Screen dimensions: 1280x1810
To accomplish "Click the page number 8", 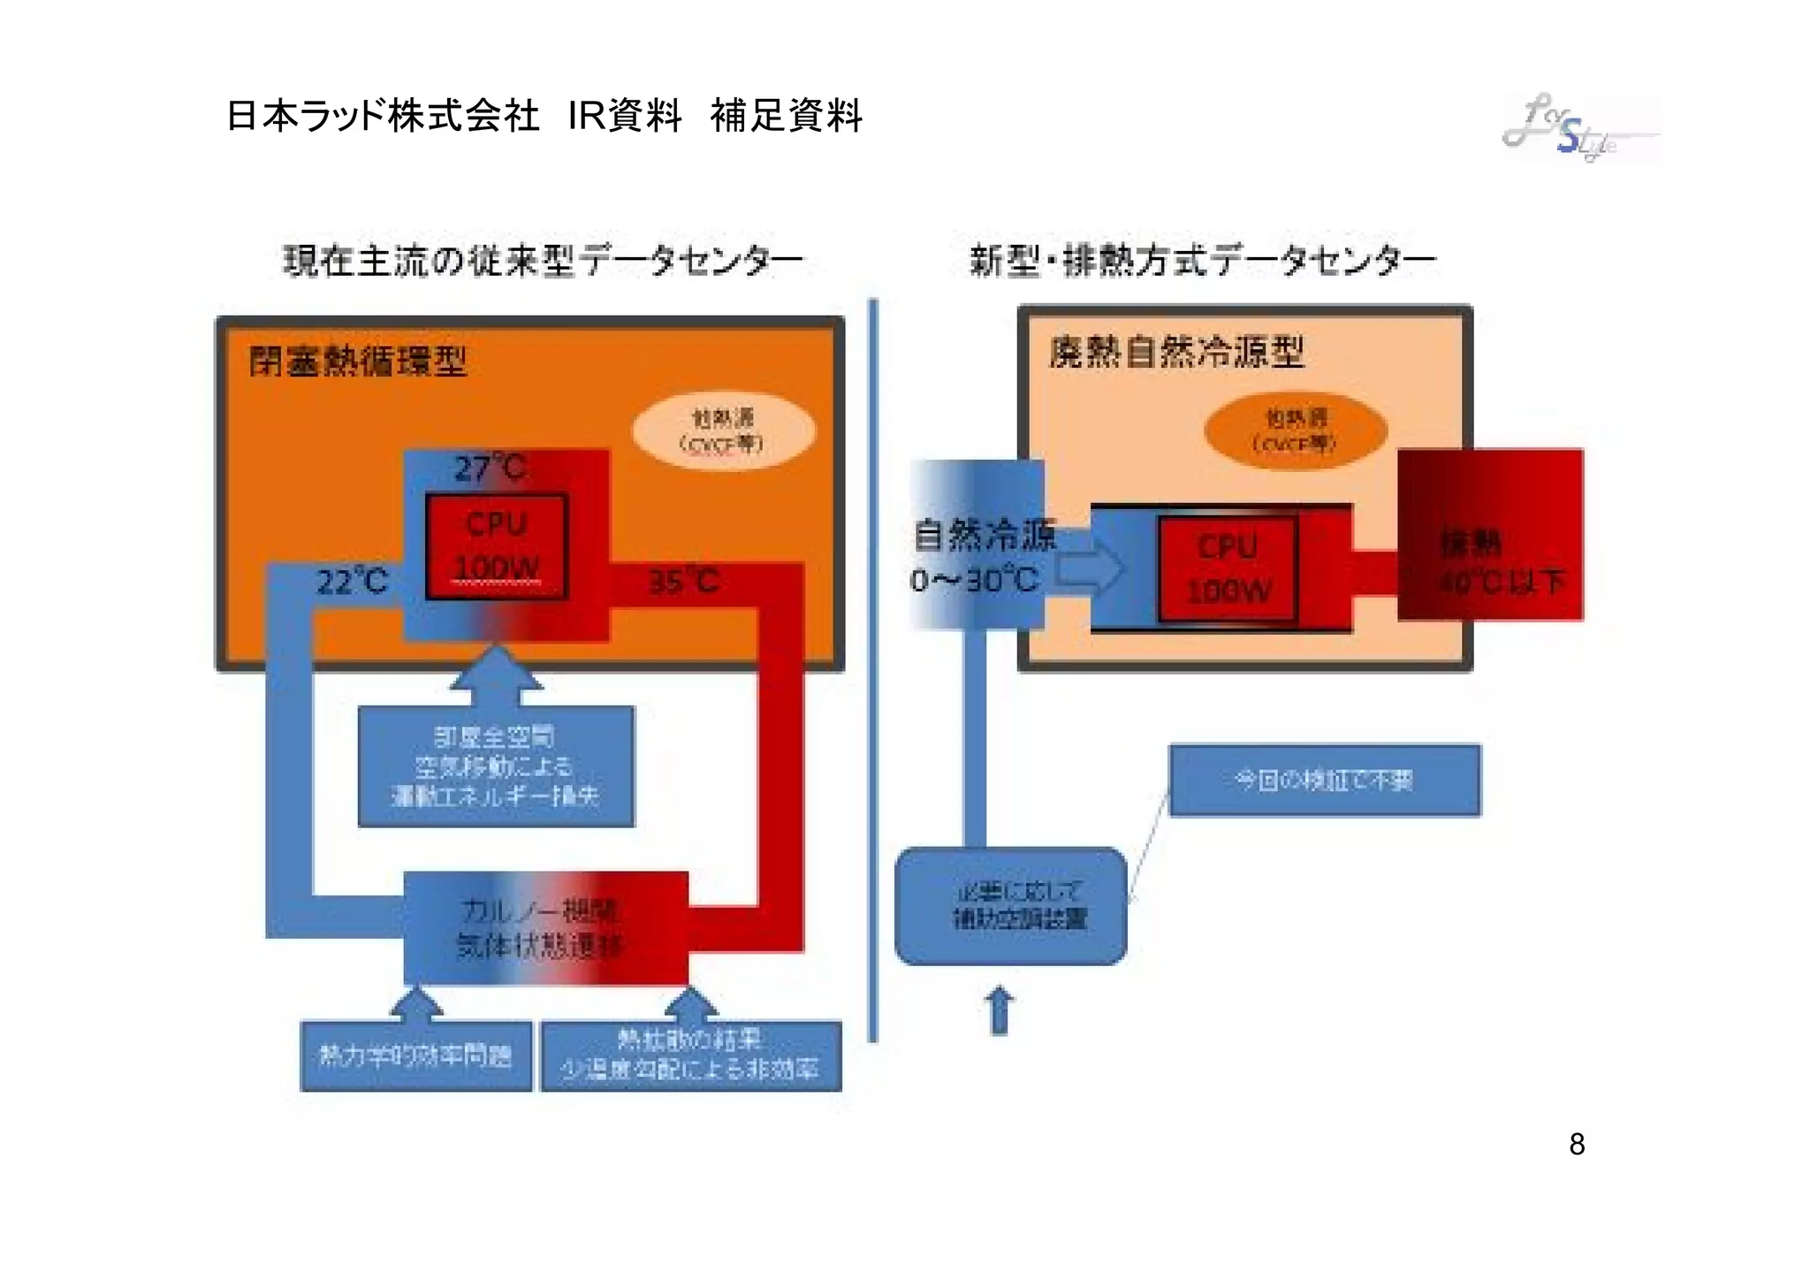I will (1577, 1145).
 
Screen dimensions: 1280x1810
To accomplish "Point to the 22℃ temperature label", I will (352, 582).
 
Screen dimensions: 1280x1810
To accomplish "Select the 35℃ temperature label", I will (683, 582).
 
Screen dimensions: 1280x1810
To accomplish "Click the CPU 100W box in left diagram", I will (496, 546).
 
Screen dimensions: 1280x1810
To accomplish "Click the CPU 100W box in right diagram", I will (1228, 568).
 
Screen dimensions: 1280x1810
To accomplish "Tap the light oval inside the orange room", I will (723, 430).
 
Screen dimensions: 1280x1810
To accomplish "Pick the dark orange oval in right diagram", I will (1295, 430).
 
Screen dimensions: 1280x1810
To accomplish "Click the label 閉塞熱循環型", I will (357, 361).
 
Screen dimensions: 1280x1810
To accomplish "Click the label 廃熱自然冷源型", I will (1176, 352).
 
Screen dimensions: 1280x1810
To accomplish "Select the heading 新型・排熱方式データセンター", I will (1202, 260).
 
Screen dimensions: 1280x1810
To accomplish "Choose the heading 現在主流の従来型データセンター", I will (543, 260).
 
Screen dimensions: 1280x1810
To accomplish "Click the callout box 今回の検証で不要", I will (1324, 780).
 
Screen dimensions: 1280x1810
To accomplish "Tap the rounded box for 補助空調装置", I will (1011, 906).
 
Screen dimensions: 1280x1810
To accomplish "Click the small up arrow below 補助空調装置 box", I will (1000, 1010).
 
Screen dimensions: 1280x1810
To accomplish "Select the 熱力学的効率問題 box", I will (415, 1055).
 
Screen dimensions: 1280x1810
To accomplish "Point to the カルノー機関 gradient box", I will (545, 928).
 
